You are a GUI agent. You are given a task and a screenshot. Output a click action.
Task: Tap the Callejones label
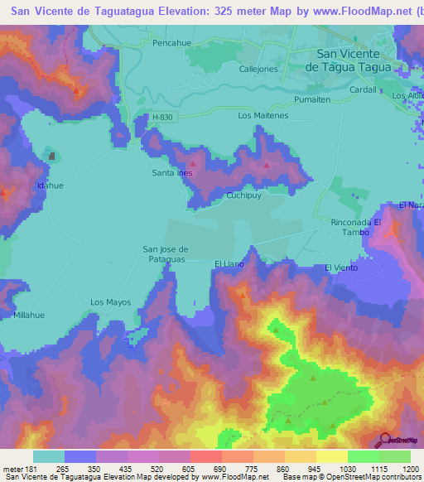(x=258, y=70)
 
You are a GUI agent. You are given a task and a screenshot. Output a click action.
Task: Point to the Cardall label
(x=363, y=89)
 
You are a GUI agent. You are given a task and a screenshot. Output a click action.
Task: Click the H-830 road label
(x=163, y=118)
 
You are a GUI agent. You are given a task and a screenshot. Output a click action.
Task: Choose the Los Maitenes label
(x=263, y=116)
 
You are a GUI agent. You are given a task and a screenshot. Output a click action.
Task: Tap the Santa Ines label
(x=171, y=173)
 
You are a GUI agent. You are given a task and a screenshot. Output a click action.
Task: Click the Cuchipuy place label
(x=245, y=196)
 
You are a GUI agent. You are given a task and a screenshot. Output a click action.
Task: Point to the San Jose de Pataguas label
(x=166, y=254)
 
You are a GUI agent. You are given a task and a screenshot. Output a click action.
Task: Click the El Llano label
(x=229, y=263)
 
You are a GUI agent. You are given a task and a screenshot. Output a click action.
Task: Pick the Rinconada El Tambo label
(x=355, y=228)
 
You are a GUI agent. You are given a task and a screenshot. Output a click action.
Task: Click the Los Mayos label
(x=110, y=302)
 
